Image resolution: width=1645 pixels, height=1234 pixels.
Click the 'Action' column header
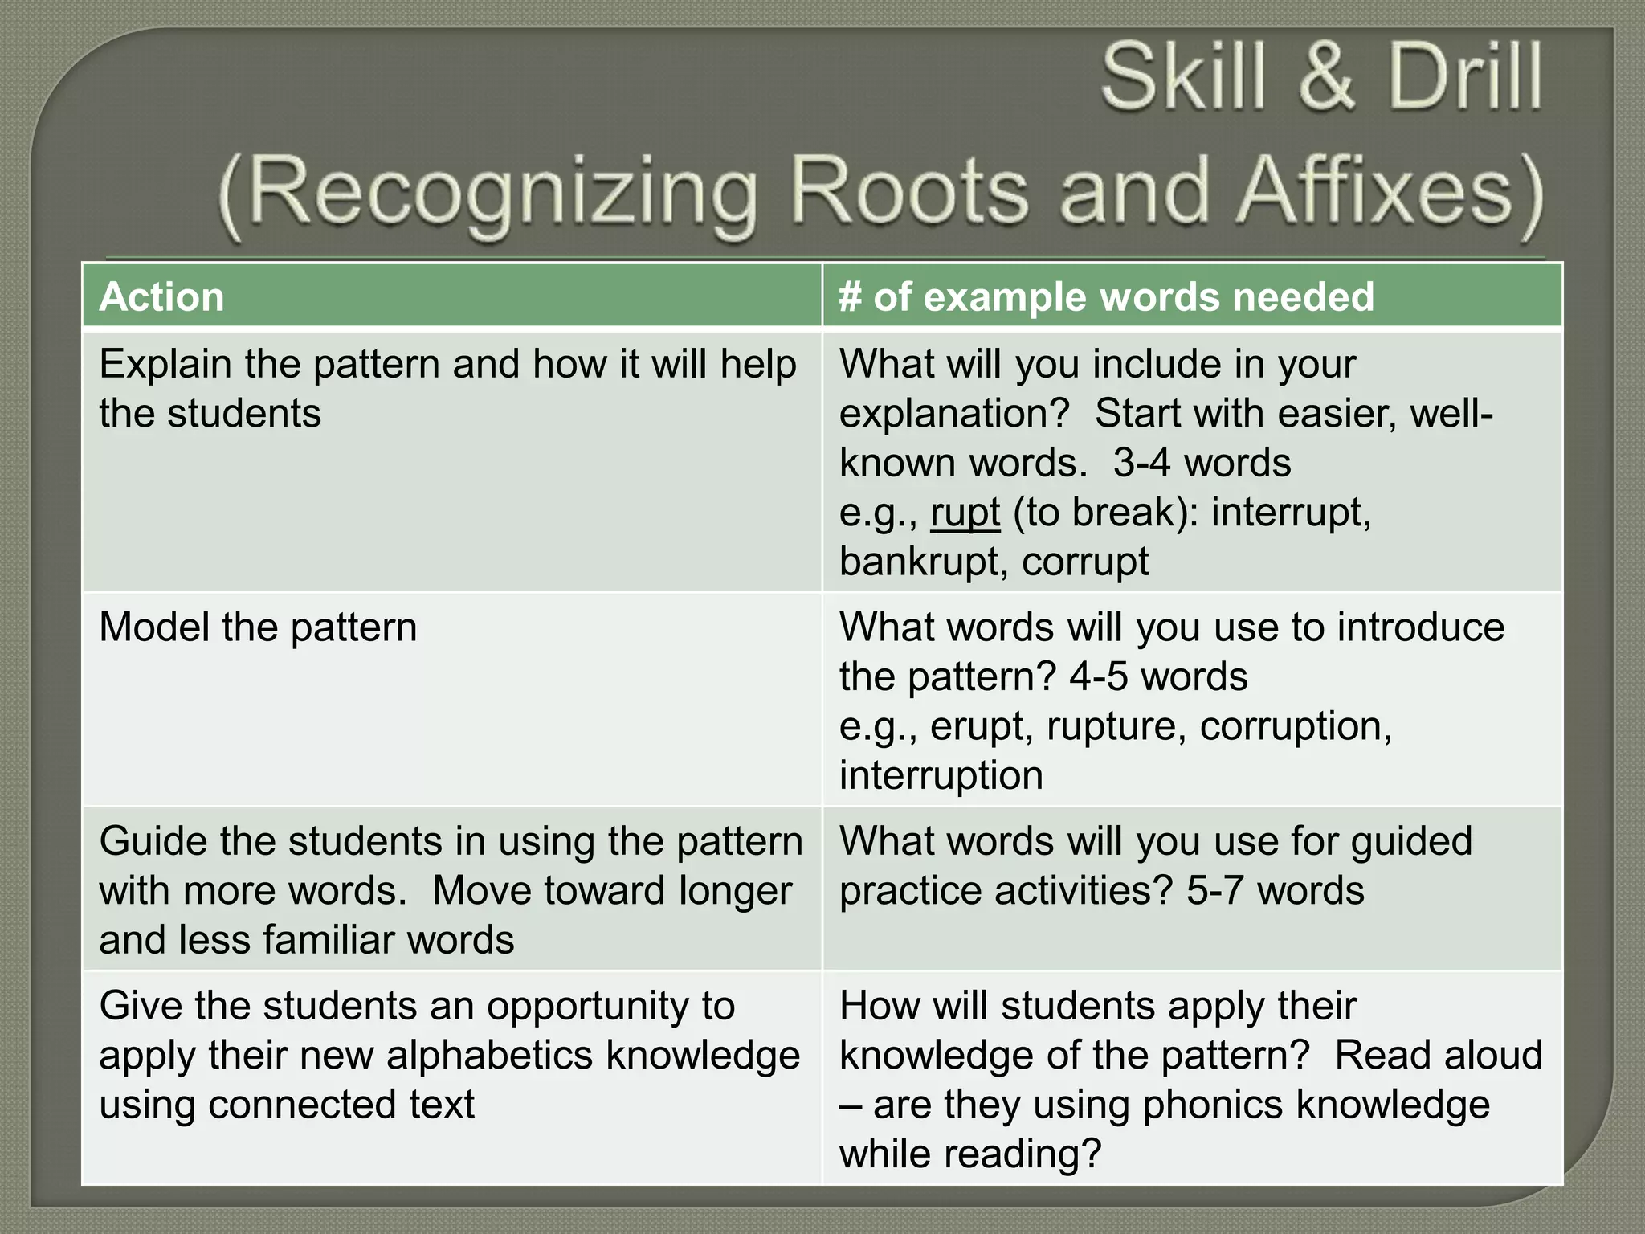tap(161, 296)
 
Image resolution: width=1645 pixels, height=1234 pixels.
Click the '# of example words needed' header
tap(1106, 296)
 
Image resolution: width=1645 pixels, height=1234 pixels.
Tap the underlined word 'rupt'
tap(965, 513)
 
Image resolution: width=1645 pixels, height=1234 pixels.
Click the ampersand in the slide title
tap(1328, 78)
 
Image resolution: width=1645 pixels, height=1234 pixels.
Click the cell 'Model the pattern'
tap(258, 627)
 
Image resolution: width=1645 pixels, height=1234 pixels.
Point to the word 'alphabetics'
tap(495, 1056)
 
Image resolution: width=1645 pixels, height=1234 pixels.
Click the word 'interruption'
tap(941, 776)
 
